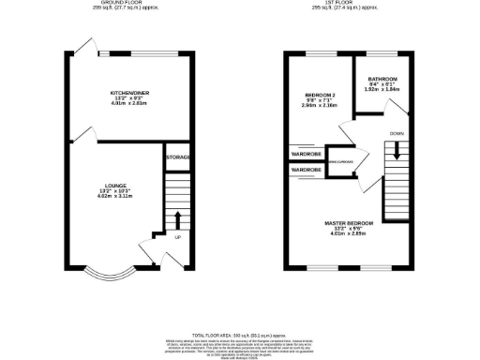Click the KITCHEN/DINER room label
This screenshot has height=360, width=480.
[130, 93]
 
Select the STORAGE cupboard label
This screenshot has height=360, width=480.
[177, 157]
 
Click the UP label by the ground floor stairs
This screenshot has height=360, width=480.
[176, 236]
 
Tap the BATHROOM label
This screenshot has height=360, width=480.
[382, 79]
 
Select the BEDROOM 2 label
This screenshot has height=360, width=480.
[319, 95]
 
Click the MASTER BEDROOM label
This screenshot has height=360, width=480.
[349, 222]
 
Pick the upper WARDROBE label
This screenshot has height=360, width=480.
[307, 153]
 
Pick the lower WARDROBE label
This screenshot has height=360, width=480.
[307, 170]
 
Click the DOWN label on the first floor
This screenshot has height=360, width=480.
[397, 133]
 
